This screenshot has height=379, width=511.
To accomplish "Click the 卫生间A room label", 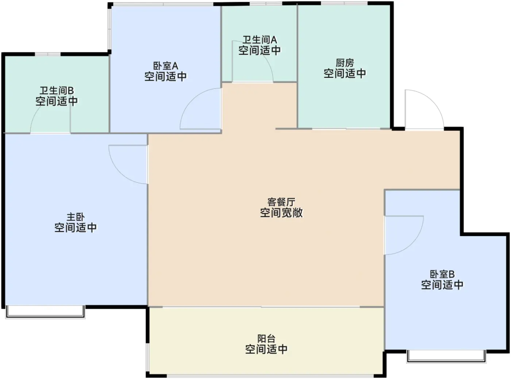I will pos(260,39).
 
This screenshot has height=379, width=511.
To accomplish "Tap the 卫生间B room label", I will pos(57,90).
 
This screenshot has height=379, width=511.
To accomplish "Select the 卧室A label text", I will pos(165,66).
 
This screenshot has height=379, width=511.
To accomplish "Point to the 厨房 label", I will pos(345,63).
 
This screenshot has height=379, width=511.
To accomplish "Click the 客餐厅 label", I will pos(281,202).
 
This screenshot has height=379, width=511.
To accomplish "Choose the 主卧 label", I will pos(76,217).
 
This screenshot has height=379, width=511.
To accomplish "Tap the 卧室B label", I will pos(442,274).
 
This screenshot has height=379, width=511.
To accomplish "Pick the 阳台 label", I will pos(266,338).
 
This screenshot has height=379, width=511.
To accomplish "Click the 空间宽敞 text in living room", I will pos(281,213).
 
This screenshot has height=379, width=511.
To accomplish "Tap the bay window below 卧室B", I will pos(446,356).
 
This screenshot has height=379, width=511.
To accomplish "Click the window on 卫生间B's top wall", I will pos(48,54).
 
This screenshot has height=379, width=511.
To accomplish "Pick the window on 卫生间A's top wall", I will pos(266,4).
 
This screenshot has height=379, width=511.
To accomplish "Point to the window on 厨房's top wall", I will pos(344,3).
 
